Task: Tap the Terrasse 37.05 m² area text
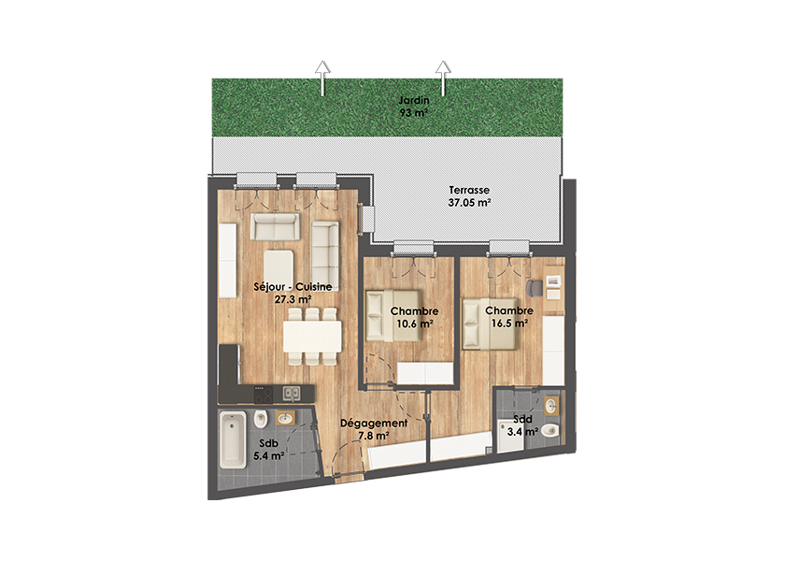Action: [x=469, y=197]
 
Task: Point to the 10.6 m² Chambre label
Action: [x=415, y=318]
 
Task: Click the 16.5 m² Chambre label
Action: [x=509, y=317]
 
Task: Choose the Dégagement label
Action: [x=374, y=429]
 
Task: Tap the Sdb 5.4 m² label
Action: [x=269, y=450]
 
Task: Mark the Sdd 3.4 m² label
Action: [x=522, y=425]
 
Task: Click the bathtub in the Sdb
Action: [x=233, y=440]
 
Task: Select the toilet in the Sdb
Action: [x=261, y=418]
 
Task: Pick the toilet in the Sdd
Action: [x=550, y=430]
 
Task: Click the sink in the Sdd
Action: [x=551, y=406]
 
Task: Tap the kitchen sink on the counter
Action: [x=292, y=394]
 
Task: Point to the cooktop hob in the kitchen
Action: [x=263, y=395]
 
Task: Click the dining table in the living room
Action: [x=312, y=336]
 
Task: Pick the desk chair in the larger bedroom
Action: [x=534, y=289]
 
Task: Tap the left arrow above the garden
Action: [x=322, y=78]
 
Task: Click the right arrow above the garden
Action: [x=443, y=78]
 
